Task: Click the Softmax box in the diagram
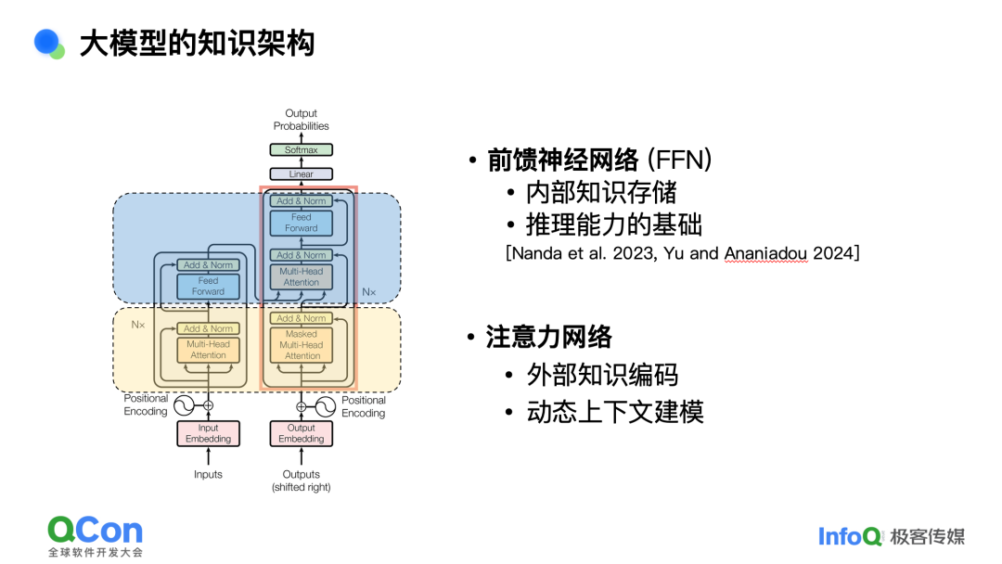(301, 149)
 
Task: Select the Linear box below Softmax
(301, 173)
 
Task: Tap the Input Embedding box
(208, 433)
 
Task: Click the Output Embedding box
(302, 433)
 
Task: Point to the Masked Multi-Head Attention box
(302, 345)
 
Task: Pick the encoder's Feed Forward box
(208, 286)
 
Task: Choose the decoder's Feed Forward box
(302, 223)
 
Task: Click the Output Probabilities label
(301, 120)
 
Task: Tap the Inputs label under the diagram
(208, 474)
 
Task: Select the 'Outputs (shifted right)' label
(301, 481)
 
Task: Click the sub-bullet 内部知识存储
(601, 192)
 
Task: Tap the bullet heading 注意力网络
(549, 337)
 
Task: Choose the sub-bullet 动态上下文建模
(615, 411)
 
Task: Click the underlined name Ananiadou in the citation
(765, 252)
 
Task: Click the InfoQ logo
(850, 535)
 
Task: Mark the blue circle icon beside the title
(46, 42)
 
